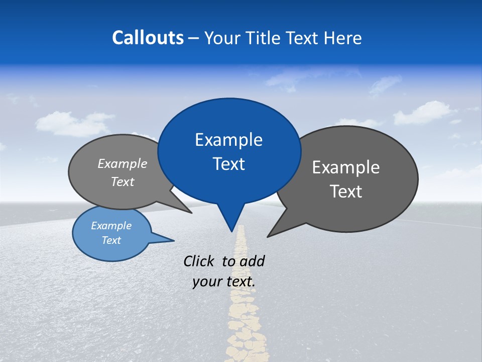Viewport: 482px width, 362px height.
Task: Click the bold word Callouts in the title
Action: [148, 38]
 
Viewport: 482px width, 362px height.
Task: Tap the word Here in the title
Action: [343, 38]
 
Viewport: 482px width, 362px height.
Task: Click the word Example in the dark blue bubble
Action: [228, 140]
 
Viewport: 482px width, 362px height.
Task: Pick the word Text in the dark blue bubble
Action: [228, 164]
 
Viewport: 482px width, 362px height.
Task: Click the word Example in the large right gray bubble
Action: [346, 167]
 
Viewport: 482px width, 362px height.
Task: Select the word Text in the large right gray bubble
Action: [346, 192]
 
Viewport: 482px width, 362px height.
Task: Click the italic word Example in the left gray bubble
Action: [123, 163]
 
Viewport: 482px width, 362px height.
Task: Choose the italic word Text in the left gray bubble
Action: [123, 182]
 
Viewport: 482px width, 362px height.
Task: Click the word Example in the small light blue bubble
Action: [111, 226]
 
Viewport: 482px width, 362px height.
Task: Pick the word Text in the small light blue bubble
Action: [111, 240]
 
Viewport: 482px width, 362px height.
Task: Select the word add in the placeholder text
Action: [252, 261]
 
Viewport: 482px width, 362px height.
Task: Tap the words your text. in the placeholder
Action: [224, 282]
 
